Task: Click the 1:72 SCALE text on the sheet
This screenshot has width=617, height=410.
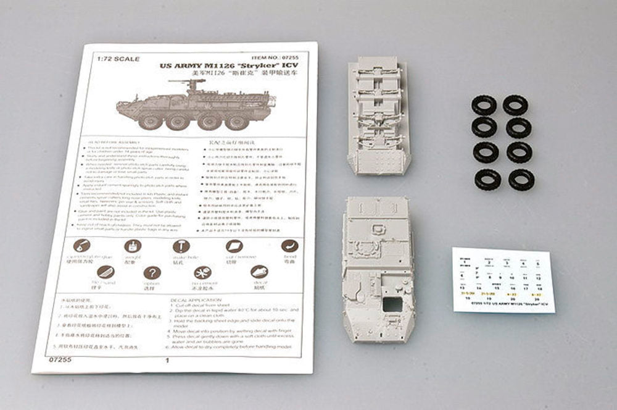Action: click(117, 59)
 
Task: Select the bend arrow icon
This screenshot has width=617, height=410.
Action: click(289, 246)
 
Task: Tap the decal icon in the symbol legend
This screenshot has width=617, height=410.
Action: click(259, 272)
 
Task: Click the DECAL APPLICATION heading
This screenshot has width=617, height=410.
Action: click(197, 300)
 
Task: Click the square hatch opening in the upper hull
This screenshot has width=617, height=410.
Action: click(391, 303)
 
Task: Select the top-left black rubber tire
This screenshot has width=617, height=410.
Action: click(484, 105)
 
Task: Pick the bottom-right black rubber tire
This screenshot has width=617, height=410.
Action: click(521, 180)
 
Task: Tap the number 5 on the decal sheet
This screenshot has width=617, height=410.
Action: click(537, 263)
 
